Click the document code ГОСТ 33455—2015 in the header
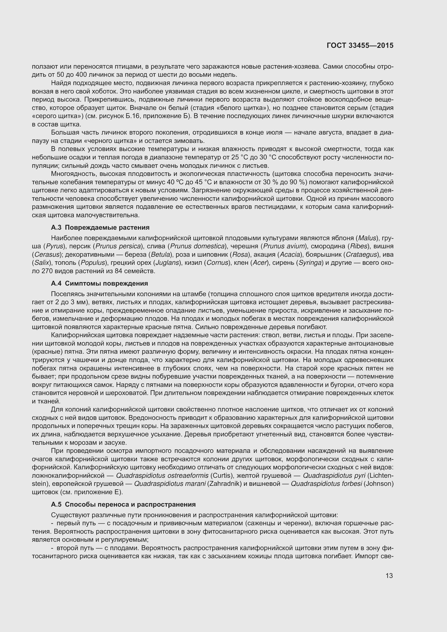(360, 46)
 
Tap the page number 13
(389, 576)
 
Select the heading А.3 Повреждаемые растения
(100, 227)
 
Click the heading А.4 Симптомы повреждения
(99, 283)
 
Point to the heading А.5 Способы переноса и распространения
(123, 504)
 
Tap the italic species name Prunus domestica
(197, 246)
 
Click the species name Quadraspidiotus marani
(170, 484)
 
